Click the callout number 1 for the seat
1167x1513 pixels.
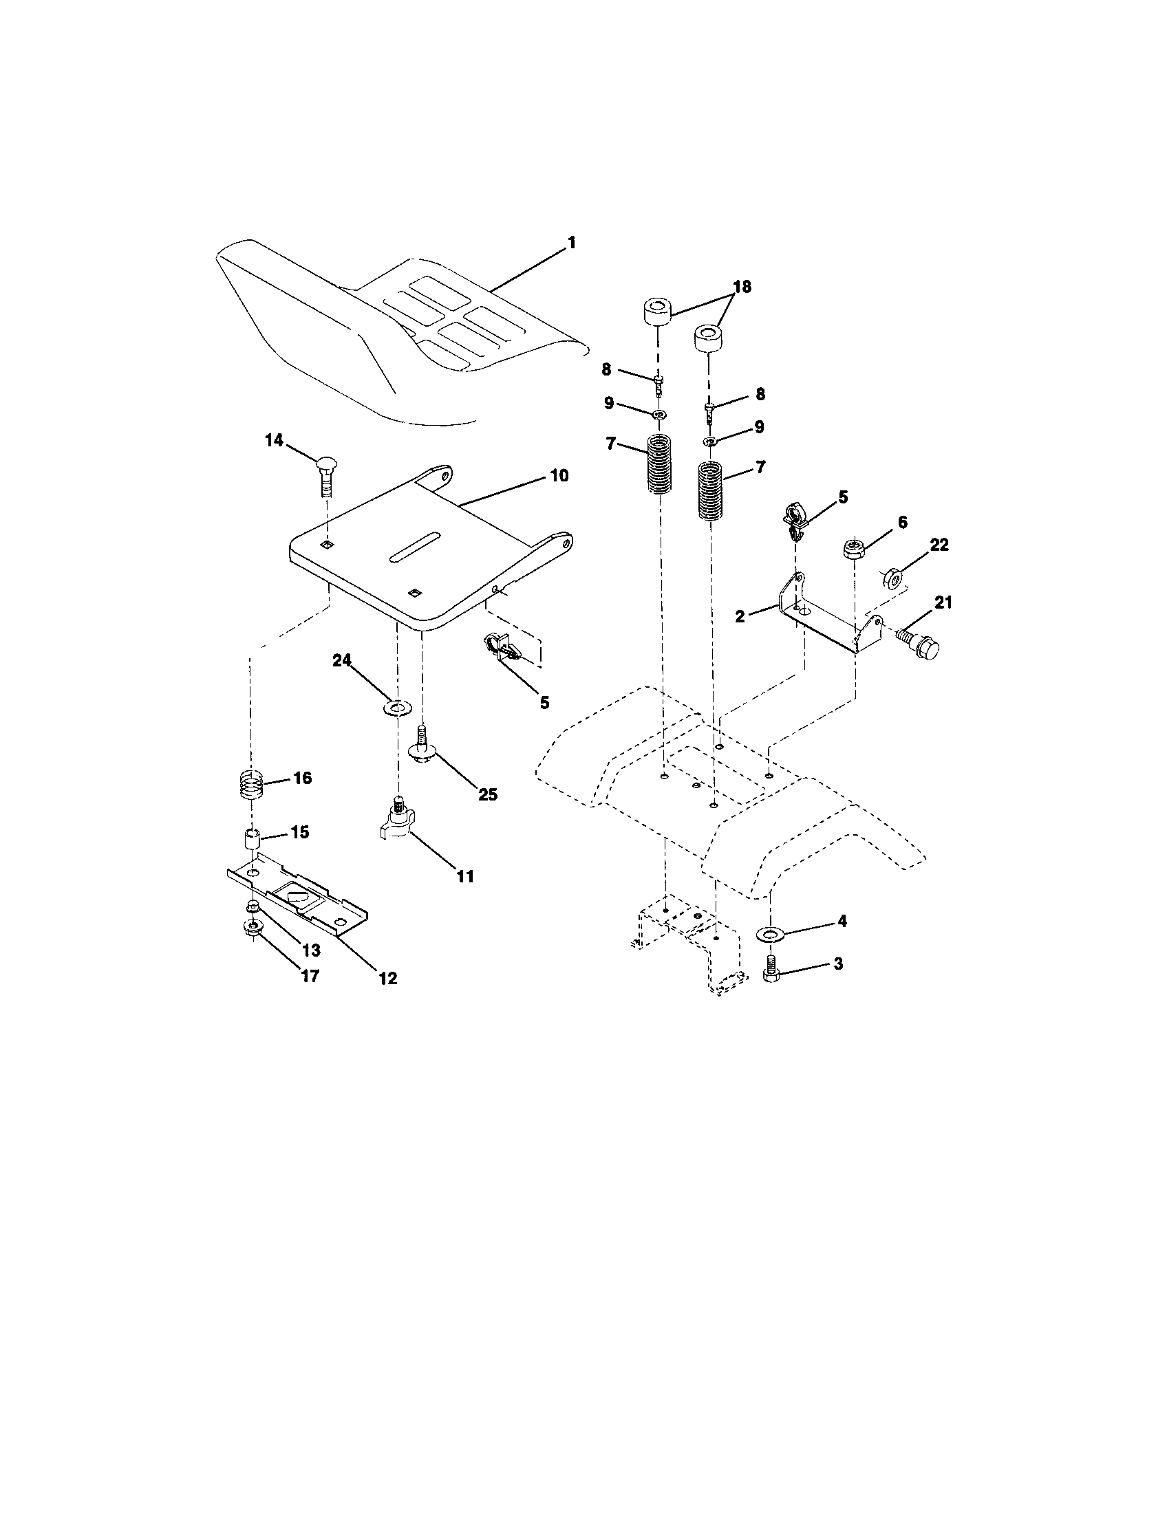(572, 243)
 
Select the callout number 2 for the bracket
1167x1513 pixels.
(740, 616)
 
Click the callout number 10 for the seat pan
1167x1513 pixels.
(559, 476)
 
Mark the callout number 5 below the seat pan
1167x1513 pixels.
(545, 702)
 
